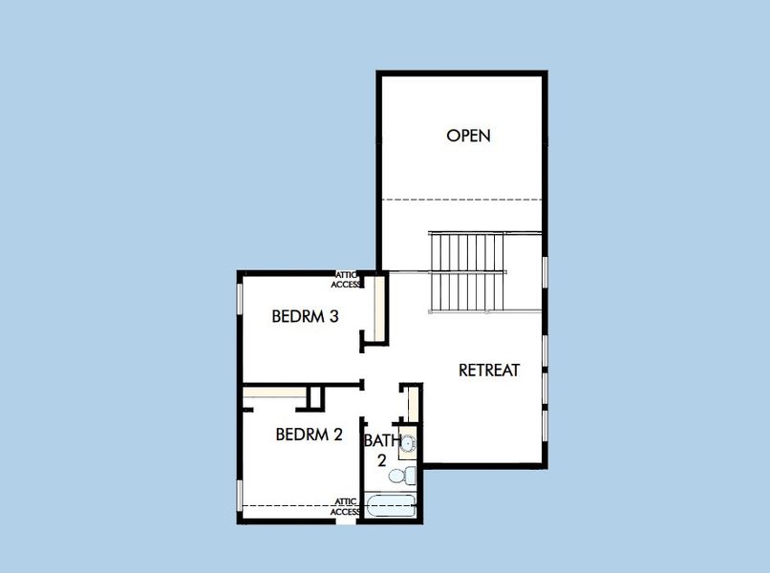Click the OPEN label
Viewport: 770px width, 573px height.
tap(468, 136)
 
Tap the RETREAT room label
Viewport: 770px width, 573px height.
tap(489, 370)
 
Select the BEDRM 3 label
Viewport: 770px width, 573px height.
tap(306, 316)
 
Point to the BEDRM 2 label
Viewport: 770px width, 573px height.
tap(309, 435)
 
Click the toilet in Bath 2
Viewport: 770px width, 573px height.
tap(408, 474)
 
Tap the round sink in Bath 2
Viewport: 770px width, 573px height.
tap(408, 444)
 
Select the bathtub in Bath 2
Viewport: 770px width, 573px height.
tap(391, 505)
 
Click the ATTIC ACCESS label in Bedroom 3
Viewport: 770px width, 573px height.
tap(345, 279)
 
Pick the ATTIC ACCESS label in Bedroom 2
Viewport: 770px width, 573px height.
tap(345, 506)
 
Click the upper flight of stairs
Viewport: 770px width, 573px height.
tap(466, 251)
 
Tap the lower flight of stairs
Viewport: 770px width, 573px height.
tap(466, 291)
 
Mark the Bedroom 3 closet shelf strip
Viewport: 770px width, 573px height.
tap(379, 308)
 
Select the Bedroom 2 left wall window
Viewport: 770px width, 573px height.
tap(239, 497)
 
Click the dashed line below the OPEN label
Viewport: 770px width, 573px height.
tap(462, 200)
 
